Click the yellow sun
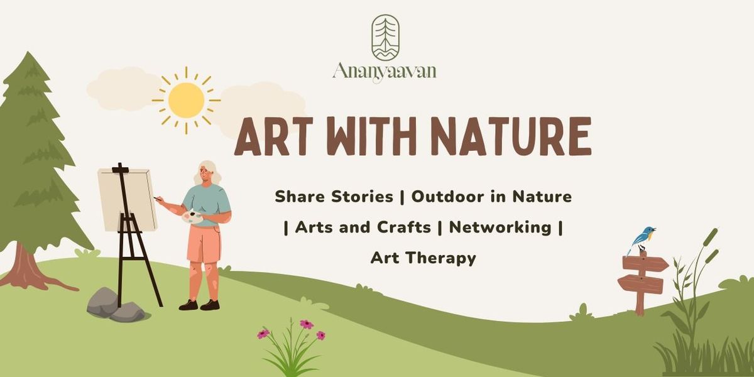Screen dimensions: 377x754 (186, 100)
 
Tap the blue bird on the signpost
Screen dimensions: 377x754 (642, 239)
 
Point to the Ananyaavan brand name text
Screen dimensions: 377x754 (384, 70)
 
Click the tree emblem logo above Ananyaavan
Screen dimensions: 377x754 (385, 37)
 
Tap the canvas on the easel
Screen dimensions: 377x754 (128, 199)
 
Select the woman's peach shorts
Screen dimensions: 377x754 (204, 243)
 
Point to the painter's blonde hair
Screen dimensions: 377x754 (208, 172)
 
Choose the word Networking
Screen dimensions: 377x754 (500, 227)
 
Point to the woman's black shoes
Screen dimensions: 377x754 (199, 305)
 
